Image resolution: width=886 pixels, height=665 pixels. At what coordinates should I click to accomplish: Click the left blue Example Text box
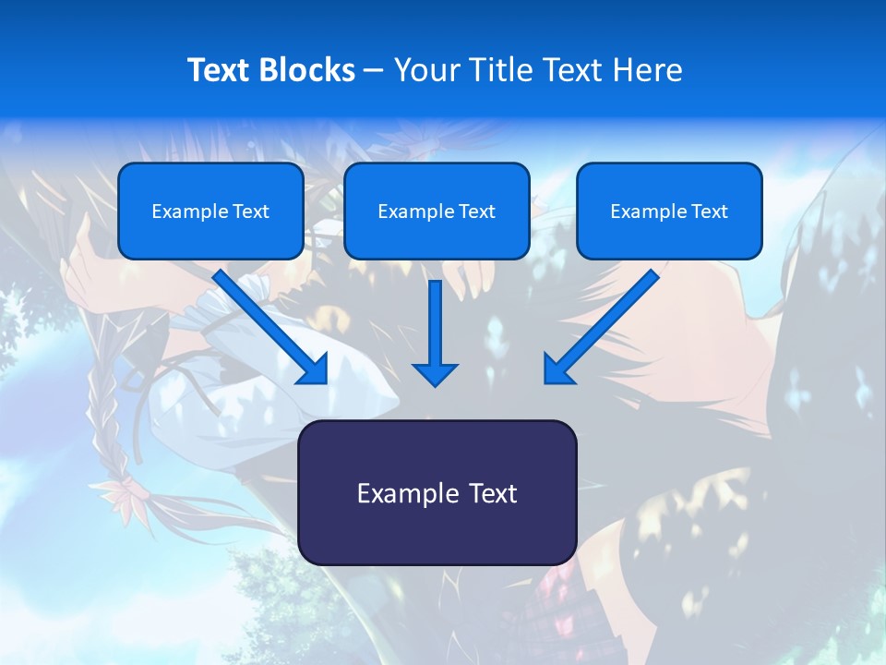pos(210,212)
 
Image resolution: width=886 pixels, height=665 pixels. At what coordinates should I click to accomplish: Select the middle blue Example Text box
pos(437,212)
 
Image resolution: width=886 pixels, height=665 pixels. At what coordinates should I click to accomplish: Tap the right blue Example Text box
pos(669,212)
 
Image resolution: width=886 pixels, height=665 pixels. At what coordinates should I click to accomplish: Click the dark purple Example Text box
pos(437,492)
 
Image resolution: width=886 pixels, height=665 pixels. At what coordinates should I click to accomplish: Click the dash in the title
pos(374,70)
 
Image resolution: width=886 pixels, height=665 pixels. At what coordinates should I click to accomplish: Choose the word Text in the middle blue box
pos(476,212)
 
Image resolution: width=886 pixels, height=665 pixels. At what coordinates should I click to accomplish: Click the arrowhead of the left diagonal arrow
pos(314,369)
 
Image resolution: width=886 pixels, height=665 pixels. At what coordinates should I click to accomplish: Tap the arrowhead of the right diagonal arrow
pos(558,369)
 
